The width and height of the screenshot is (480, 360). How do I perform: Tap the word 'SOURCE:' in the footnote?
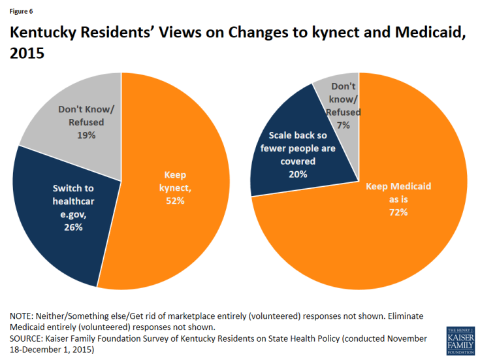(x=28, y=339)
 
